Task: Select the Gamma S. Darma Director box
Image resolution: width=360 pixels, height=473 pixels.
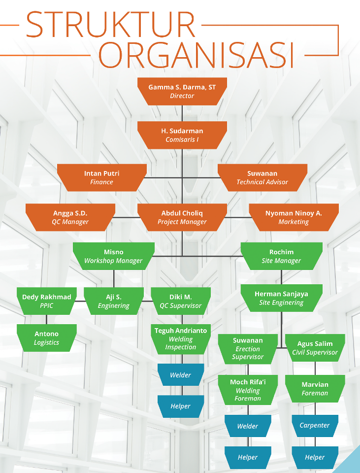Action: tap(182, 91)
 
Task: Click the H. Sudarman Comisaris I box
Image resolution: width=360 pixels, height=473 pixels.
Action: tap(182, 135)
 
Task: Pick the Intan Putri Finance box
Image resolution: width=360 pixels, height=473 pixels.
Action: tap(102, 177)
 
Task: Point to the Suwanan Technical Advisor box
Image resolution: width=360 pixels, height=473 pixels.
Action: tap(262, 177)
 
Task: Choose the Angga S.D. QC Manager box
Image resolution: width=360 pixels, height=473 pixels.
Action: tap(70, 217)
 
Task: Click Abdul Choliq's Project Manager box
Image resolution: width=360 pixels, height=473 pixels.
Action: tap(182, 217)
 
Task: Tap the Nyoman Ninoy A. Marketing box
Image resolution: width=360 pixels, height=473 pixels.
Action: tap(294, 217)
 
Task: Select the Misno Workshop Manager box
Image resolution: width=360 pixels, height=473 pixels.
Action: tap(113, 256)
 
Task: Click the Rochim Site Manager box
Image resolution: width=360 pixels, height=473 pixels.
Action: tap(282, 256)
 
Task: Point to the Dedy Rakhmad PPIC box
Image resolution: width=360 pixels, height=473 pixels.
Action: tap(47, 301)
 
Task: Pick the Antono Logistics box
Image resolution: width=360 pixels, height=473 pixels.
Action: tap(47, 338)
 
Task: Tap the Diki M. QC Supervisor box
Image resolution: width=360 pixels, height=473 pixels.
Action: tap(181, 301)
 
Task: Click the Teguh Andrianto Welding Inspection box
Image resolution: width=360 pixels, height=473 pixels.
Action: tap(181, 338)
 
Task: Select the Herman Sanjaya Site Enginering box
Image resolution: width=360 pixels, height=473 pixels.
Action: tap(282, 298)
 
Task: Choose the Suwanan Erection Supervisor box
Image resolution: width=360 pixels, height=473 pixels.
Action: tap(248, 348)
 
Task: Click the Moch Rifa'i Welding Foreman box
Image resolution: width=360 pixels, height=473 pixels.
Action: tap(248, 389)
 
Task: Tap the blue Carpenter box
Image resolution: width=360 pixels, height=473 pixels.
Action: tap(315, 425)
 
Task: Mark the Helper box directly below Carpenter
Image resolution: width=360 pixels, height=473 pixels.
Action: tap(315, 457)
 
